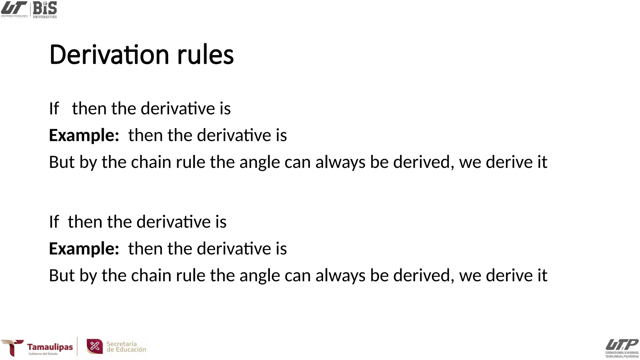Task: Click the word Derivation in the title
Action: (109, 55)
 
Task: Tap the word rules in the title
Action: (205, 55)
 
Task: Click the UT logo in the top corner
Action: (14, 9)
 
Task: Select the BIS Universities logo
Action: (45, 9)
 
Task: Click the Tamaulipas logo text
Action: (50, 347)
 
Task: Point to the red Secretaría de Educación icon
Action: (95, 346)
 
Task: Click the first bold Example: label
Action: (84, 135)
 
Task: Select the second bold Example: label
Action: (84, 249)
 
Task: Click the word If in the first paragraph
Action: (54, 109)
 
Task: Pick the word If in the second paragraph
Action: (54, 222)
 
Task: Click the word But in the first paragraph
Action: (62, 162)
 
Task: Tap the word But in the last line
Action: (62, 276)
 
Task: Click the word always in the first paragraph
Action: (340, 162)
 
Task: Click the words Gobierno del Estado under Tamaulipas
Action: (43, 354)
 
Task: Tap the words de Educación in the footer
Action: (126, 350)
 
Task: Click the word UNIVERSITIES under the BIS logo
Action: (45, 17)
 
